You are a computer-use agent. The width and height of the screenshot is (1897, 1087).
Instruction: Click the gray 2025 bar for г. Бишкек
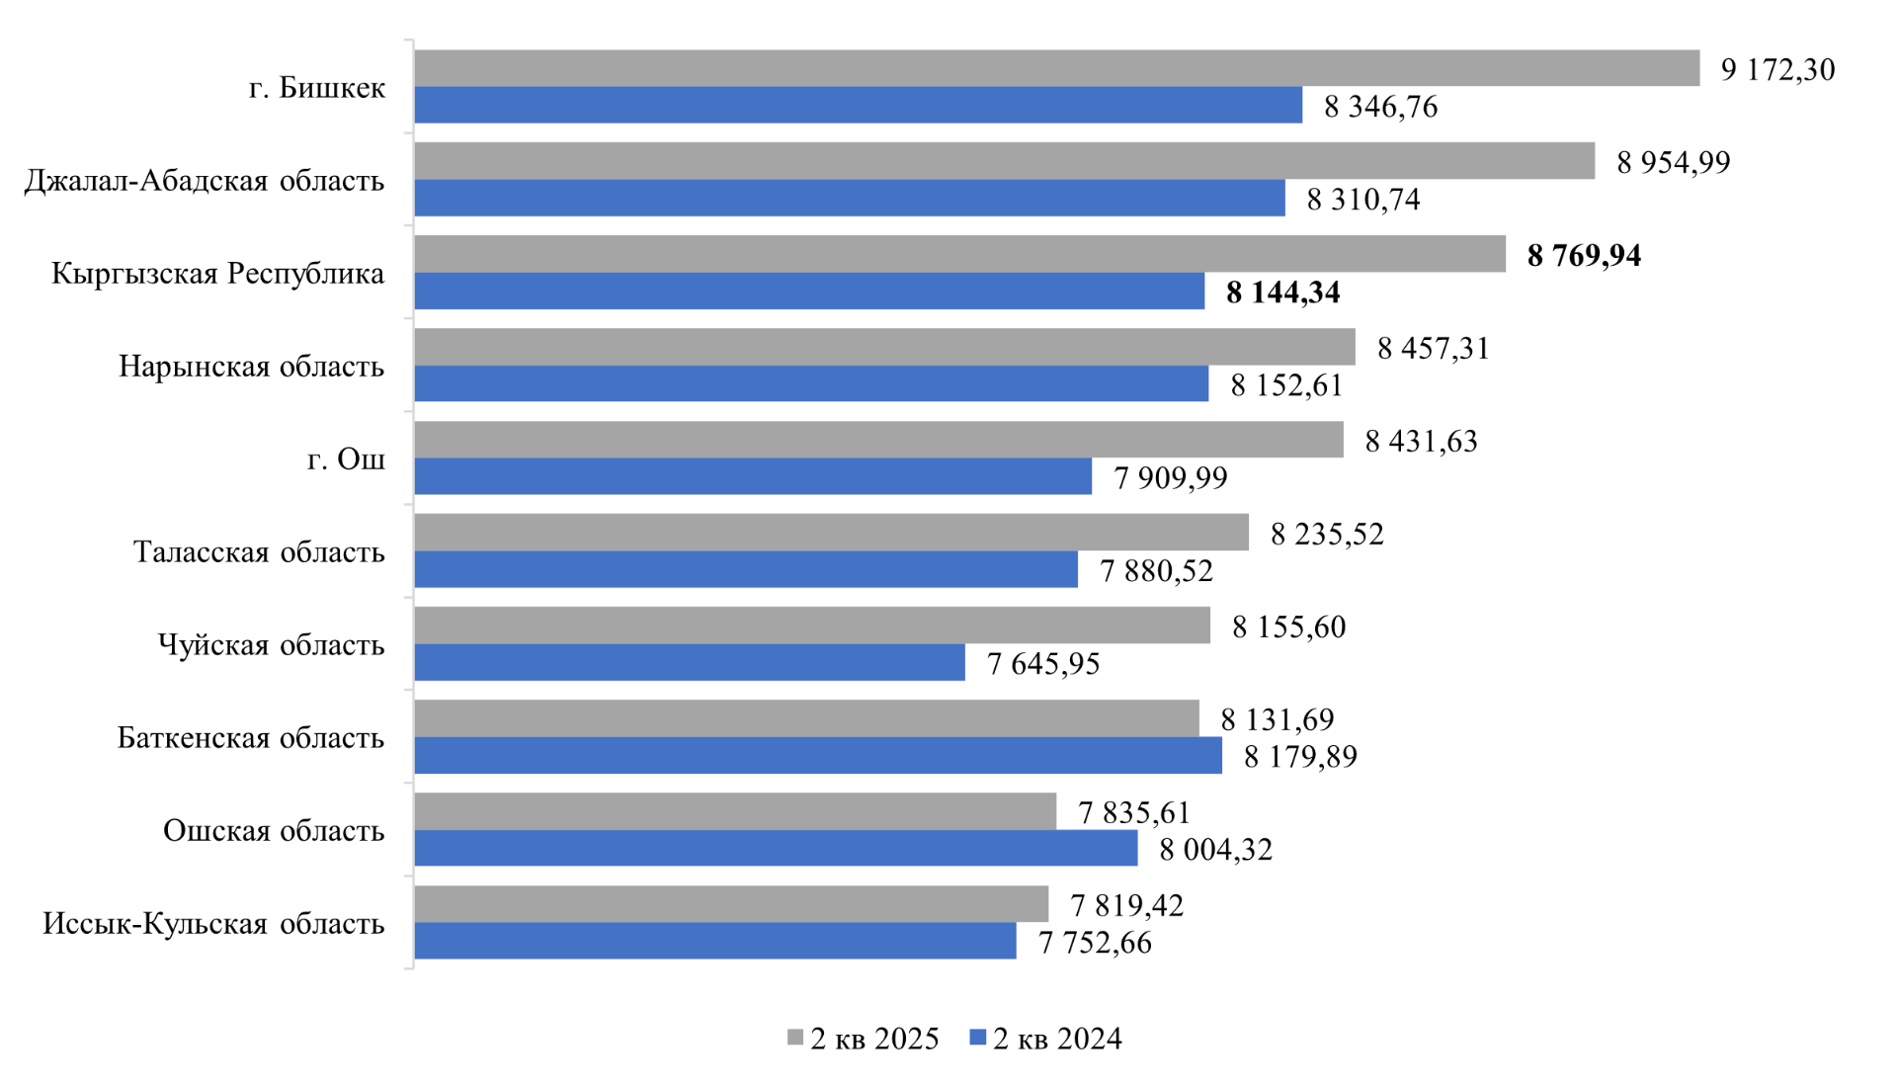click(x=1056, y=68)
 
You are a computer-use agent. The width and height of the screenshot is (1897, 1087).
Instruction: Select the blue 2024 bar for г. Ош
click(x=753, y=476)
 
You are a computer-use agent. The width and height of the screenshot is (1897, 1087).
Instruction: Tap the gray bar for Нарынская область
click(x=884, y=347)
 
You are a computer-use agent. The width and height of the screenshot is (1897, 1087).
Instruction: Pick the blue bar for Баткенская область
click(x=817, y=755)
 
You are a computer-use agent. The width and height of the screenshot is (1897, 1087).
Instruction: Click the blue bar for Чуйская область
click(x=689, y=662)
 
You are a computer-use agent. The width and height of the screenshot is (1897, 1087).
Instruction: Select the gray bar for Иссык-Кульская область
click(x=731, y=903)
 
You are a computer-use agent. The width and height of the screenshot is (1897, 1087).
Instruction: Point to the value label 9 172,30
click(x=1777, y=69)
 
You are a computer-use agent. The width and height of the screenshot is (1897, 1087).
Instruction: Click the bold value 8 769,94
click(x=1584, y=255)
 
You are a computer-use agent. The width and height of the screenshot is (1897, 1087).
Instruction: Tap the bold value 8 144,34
click(x=1282, y=293)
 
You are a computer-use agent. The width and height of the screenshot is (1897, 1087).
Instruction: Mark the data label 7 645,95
click(x=1043, y=663)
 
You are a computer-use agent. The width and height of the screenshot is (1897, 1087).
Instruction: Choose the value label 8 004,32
click(x=1215, y=849)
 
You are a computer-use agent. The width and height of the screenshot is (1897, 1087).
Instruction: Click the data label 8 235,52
click(x=1327, y=534)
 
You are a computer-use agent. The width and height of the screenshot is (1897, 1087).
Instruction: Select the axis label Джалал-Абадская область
click(x=205, y=180)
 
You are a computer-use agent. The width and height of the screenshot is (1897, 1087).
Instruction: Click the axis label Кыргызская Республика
click(x=217, y=273)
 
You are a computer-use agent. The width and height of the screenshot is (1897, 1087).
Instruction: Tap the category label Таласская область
click(x=259, y=551)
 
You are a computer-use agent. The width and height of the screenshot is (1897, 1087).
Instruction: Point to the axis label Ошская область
click(x=274, y=830)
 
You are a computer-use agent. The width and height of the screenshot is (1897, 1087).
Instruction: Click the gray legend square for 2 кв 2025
click(x=795, y=1038)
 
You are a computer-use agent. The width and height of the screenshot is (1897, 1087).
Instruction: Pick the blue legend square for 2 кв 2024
click(x=978, y=1038)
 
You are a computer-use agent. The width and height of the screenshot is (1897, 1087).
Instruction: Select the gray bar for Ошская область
click(x=735, y=810)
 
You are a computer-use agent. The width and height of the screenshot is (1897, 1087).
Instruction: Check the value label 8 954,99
click(x=1673, y=162)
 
